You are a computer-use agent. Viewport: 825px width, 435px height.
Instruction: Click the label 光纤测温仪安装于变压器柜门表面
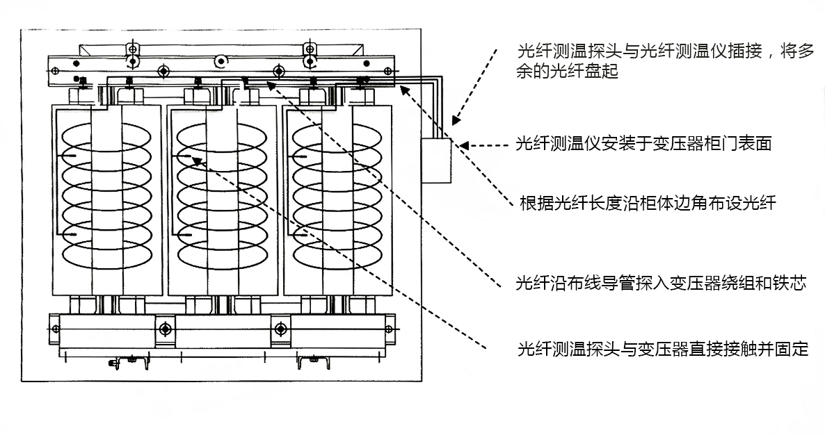(x=643, y=144)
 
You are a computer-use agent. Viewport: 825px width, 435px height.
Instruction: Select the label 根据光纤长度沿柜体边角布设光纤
(x=648, y=203)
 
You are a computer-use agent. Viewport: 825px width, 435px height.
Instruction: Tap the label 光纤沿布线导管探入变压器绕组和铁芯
(x=661, y=284)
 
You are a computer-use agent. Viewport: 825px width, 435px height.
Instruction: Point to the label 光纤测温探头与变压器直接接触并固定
(x=663, y=349)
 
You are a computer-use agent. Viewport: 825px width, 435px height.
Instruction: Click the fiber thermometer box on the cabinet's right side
(x=436, y=161)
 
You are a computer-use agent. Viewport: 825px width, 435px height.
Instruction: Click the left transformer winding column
(x=107, y=200)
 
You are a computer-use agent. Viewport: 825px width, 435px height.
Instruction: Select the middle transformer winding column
(x=223, y=200)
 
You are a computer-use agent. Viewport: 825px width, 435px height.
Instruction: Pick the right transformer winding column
(x=338, y=200)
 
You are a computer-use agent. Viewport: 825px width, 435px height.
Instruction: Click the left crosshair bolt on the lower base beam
(x=166, y=329)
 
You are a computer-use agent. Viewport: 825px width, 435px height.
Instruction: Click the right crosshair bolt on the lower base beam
(x=280, y=329)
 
